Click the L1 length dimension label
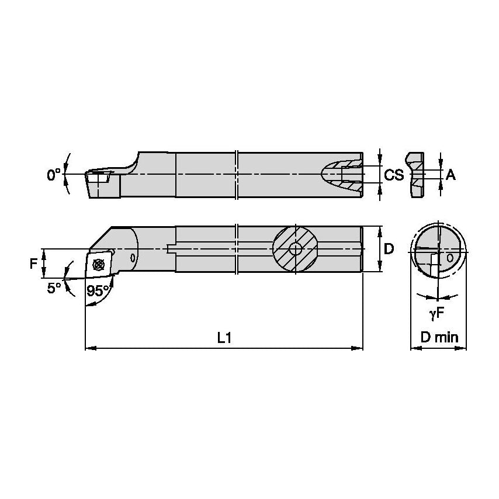click(x=224, y=338)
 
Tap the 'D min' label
click(x=439, y=338)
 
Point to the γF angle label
click(x=436, y=314)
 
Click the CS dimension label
click(x=394, y=174)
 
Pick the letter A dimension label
click(x=451, y=174)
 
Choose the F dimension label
click(x=34, y=263)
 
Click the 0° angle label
click(x=54, y=174)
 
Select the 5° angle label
click(x=54, y=287)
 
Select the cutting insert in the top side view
click(x=95, y=174)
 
